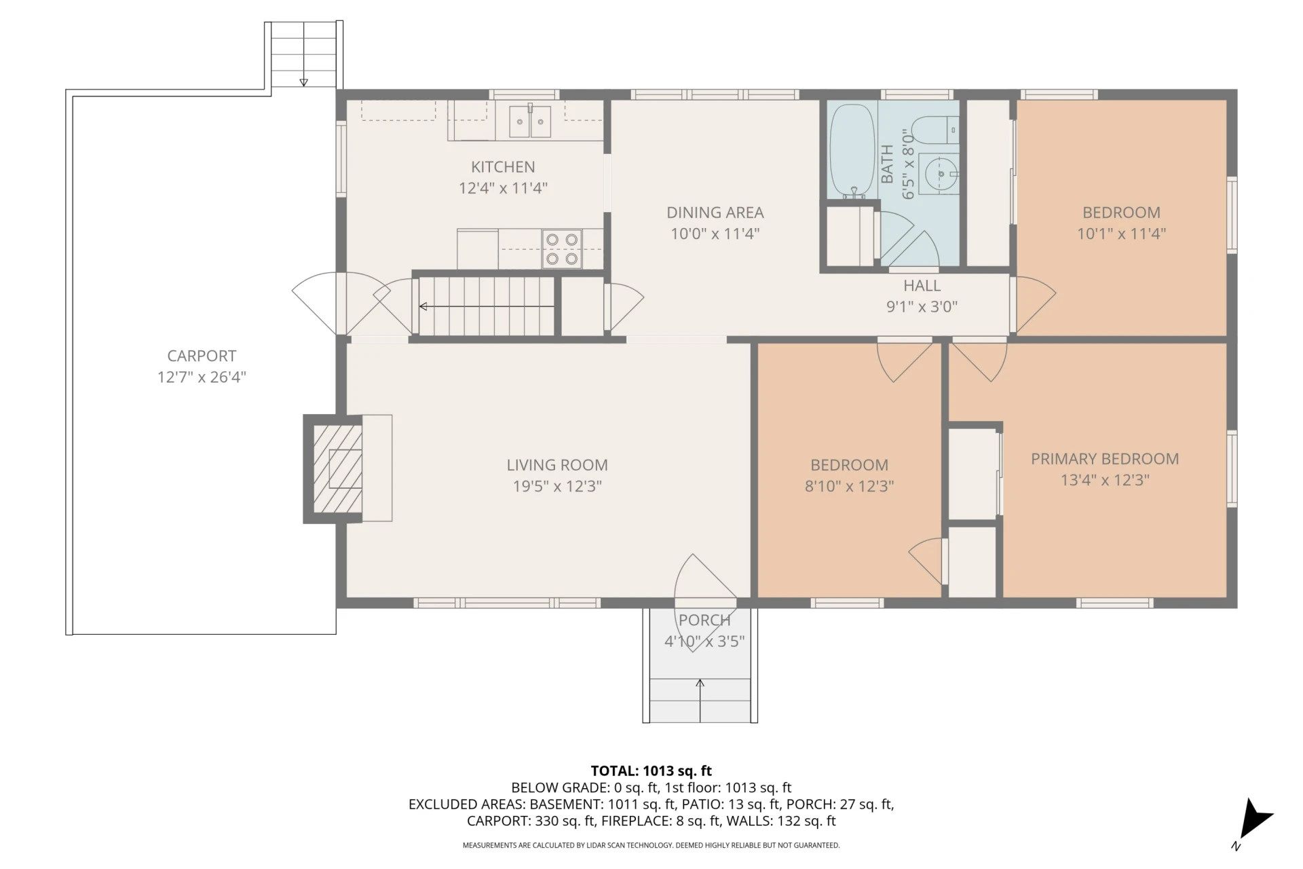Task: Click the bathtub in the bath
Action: point(852,150)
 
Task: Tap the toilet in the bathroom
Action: point(934,130)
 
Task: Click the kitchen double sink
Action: point(530,122)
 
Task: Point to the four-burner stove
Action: point(562,248)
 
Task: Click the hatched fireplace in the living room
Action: point(337,468)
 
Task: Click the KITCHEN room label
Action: point(503,167)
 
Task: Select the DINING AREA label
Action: point(715,212)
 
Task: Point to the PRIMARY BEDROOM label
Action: point(1105,459)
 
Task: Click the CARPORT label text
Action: point(202,356)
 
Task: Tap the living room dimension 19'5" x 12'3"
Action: point(557,486)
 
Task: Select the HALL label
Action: point(922,286)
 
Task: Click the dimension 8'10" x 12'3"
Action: point(849,486)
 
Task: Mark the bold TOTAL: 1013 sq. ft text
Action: point(651,771)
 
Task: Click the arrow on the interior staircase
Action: point(487,307)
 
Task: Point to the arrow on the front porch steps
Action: point(700,701)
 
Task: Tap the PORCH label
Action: point(704,620)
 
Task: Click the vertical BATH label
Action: point(887,164)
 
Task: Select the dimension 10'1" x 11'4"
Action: point(1121,234)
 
